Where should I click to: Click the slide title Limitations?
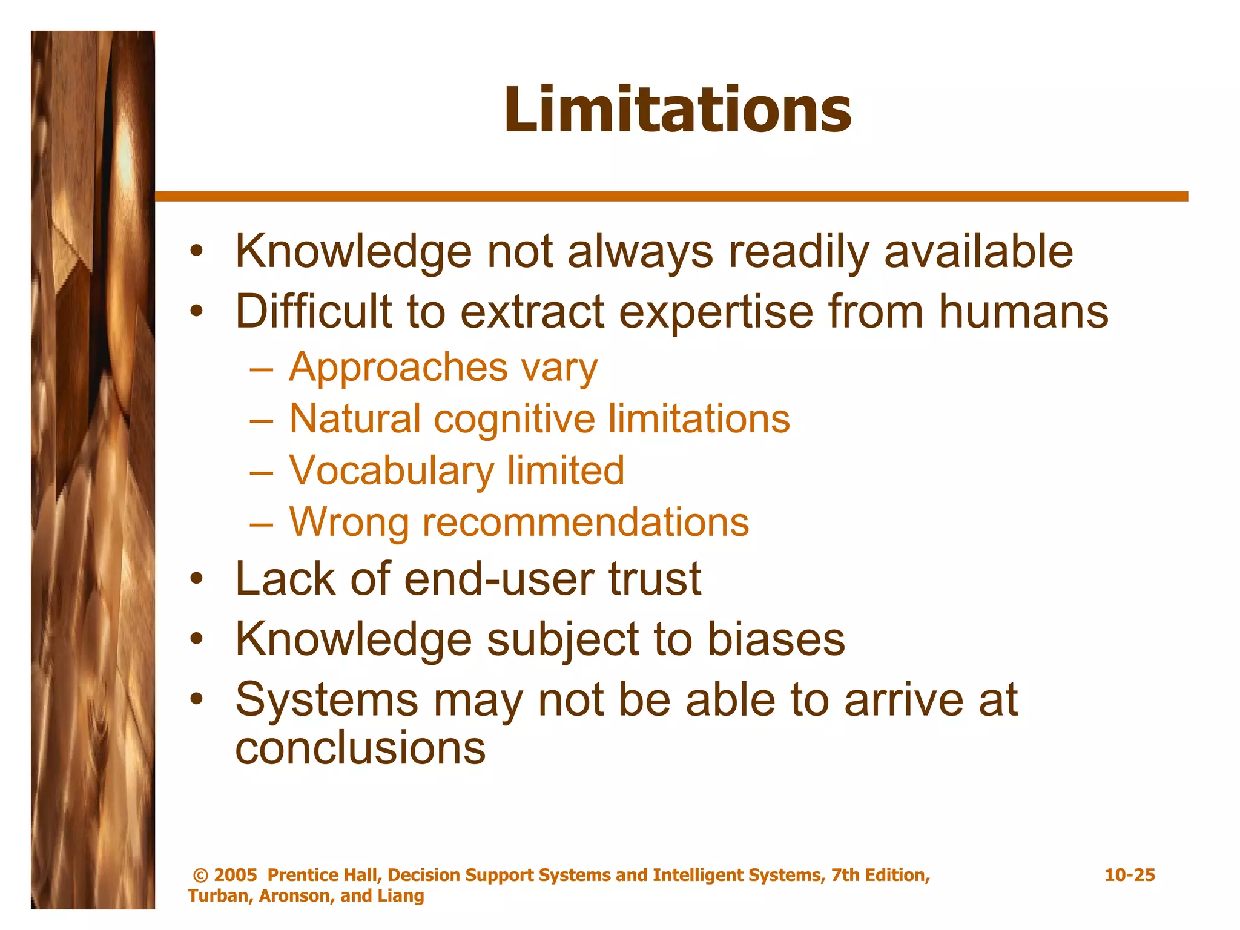[x=678, y=110]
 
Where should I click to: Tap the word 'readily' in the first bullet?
[x=797, y=252]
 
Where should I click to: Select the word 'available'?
[x=978, y=252]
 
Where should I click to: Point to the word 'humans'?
[x=1023, y=311]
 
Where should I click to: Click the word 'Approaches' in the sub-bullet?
[x=398, y=368]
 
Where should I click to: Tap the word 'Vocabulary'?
[x=391, y=471]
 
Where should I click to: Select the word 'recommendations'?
[x=585, y=522]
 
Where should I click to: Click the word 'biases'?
[x=776, y=639]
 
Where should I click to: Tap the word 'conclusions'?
[x=360, y=748]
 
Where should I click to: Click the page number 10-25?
[x=1129, y=875]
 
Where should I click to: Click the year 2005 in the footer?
[x=236, y=875]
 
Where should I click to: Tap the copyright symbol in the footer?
[x=200, y=876]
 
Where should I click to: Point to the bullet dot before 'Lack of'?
[x=196, y=579]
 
